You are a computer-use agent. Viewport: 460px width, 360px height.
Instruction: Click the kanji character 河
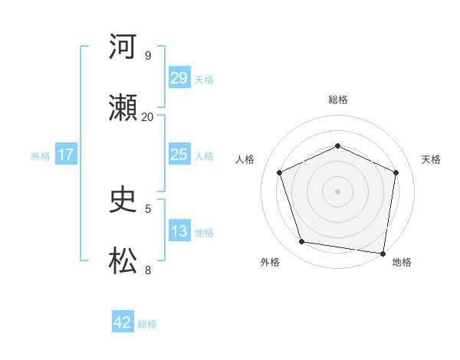click(123, 47)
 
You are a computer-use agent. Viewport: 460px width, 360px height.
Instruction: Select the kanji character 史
click(123, 200)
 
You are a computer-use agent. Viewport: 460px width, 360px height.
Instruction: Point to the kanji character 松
click(123, 261)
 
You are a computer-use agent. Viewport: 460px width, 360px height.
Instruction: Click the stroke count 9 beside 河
click(148, 55)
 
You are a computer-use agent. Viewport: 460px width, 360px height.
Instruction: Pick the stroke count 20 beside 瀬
click(148, 116)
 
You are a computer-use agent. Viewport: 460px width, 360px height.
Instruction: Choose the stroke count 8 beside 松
click(148, 270)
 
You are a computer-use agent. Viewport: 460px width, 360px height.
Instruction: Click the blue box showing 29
click(179, 77)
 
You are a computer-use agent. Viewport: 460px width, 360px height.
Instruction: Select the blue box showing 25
click(179, 154)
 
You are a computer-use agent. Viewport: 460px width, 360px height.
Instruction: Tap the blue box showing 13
click(179, 231)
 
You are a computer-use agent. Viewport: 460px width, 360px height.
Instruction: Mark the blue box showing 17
click(66, 154)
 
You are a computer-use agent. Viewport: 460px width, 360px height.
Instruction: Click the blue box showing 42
click(122, 322)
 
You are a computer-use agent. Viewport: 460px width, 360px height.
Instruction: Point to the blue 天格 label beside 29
click(204, 79)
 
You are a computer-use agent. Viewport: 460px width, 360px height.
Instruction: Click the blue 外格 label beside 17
click(41, 155)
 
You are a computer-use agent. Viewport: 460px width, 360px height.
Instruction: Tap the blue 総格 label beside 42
click(147, 324)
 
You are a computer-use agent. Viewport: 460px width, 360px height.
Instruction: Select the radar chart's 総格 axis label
click(337, 100)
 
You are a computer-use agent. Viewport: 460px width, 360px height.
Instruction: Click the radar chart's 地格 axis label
click(402, 262)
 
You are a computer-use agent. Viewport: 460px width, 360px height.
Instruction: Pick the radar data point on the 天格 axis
click(396, 172)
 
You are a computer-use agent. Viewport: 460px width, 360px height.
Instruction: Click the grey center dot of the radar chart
click(337, 191)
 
